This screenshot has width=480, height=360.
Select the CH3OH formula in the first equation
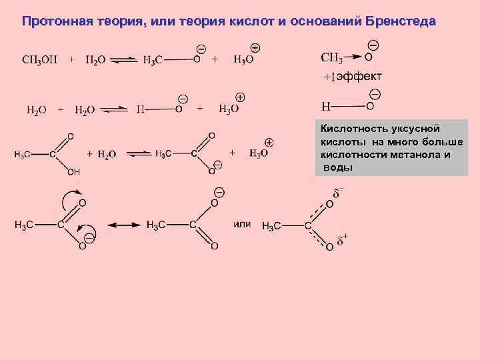pos(39,59)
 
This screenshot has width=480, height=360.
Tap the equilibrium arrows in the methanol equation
pos(123,59)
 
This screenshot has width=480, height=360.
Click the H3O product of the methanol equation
pos(243,59)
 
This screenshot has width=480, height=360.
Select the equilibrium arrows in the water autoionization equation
pos(114,109)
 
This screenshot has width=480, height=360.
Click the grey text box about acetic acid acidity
pos(391,147)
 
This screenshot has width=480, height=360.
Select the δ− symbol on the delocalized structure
pos(339,193)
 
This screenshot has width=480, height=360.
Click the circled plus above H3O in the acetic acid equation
pos(269,142)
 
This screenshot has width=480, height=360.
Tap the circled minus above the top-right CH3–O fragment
pos(373,45)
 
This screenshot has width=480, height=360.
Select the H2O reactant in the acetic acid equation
pos(107,154)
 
